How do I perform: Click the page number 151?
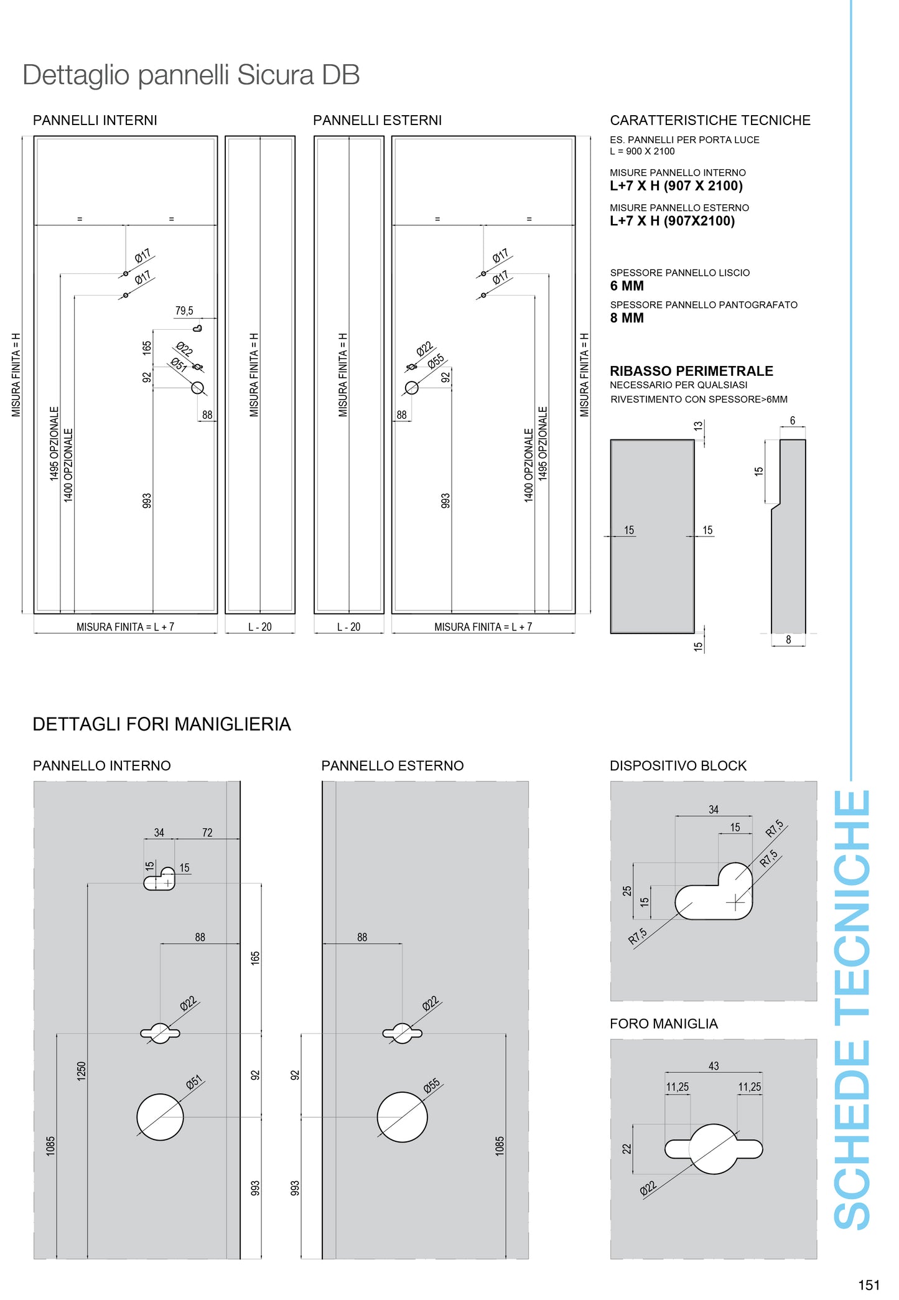tap(869, 1284)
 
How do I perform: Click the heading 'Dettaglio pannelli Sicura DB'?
tap(191, 75)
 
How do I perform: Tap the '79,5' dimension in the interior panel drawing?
tap(184, 311)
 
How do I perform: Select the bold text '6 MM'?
tap(627, 286)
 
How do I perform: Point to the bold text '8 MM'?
tap(627, 318)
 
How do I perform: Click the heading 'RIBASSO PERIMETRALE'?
tap(691, 371)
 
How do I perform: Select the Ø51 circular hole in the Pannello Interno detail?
tap(160, 1117)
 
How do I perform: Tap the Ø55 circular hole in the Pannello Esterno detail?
tap(402, 1117)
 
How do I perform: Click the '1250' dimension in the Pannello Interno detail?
tap(82, 1071)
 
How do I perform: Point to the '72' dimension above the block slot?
tap(207, 833)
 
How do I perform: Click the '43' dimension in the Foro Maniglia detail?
tap(714, 1066)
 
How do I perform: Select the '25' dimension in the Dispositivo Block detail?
tap(627, 891)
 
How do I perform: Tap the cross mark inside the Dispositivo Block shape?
tap(735, 901)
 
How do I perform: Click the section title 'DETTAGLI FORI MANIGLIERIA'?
tap(162, 724)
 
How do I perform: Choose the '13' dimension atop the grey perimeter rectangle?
tap(698, 426)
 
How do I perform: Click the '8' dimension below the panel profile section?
tap(788, 640)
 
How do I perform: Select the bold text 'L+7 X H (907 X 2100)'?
tap(676, 186)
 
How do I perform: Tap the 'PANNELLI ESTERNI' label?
tap(377, 121)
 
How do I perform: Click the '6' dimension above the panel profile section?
tap(792, 421)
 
